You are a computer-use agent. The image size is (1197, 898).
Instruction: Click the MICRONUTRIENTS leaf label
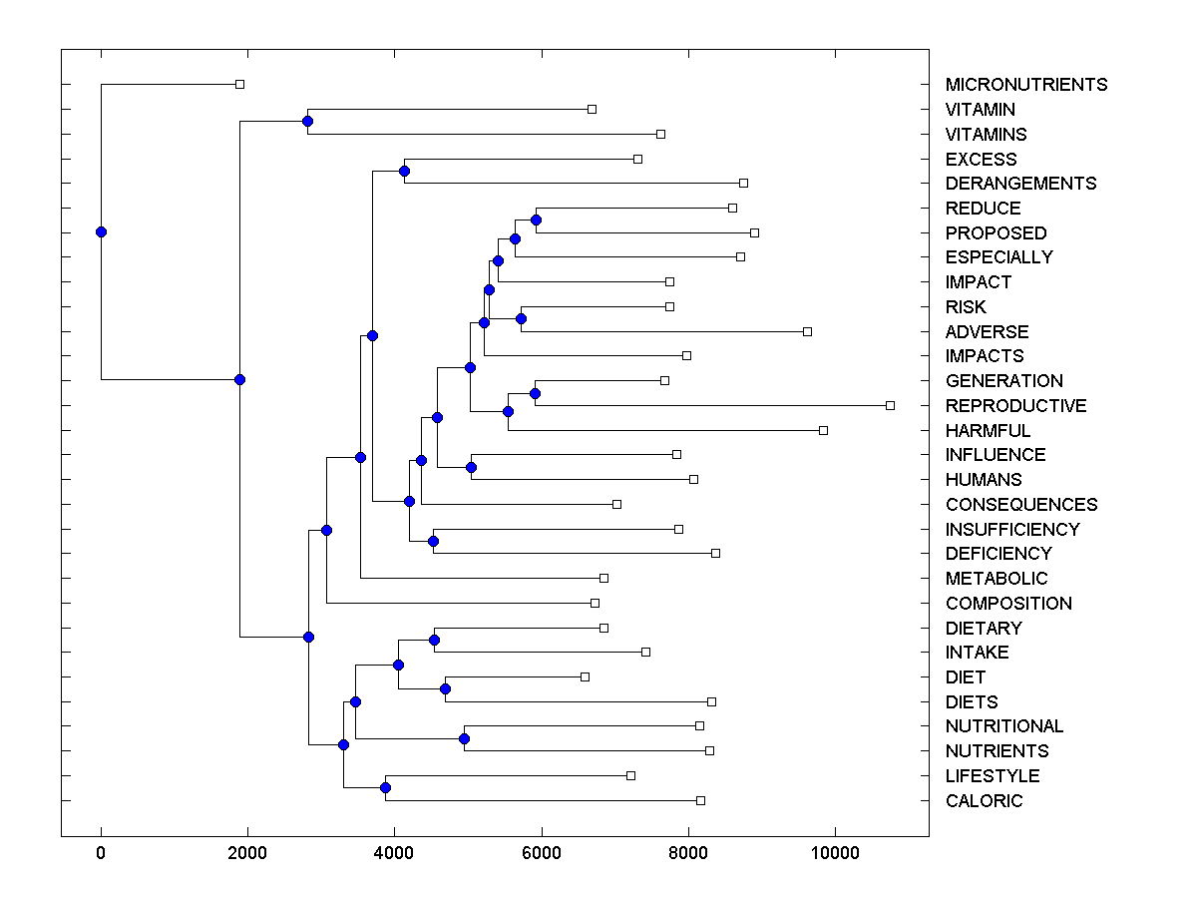point(1025,85)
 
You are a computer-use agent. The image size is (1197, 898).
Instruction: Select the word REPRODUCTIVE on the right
point(1015,406)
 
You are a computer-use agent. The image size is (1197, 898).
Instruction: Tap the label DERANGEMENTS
point(1020,184)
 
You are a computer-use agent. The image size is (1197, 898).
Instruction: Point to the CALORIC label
point(984,801)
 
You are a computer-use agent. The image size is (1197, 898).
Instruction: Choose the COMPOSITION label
point(1008,604)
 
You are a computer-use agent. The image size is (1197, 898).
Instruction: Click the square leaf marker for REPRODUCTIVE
point(890,405)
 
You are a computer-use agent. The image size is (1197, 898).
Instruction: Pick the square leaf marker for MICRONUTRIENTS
point(239,84)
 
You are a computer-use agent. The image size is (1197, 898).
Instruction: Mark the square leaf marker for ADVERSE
point(807,331)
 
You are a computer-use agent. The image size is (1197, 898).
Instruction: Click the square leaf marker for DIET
point(585,676)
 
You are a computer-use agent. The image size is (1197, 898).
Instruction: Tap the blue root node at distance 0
point(101,231)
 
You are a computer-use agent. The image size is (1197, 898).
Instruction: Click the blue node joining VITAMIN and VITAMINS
point(307,121)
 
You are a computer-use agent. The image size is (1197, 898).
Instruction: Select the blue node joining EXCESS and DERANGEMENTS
point(404,171)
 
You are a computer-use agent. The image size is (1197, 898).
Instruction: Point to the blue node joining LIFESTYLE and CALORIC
point(385,788)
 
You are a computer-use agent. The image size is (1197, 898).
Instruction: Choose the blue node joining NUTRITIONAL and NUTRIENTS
point(464,738)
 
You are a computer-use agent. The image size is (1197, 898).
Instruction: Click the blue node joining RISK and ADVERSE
point(521,318)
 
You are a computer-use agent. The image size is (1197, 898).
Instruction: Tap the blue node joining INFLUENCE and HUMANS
point(471,467)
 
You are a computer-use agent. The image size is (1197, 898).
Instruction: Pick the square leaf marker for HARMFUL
point(823,430)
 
